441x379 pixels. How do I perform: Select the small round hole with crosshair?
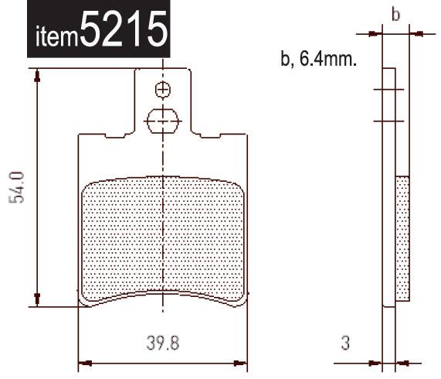pyautogui.click(x=162, y=90)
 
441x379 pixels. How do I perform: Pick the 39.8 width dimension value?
pyautogui.click(x=163, y=343)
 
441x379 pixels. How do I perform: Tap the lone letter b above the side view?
pyautogui.click(x=395, y=15)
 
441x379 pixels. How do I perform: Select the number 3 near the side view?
pyautogui.click(x=347, y=343)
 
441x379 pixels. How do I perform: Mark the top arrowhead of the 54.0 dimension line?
pyautogui.click(x=36, y=74)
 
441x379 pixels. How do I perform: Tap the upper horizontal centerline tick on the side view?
pyautogui.click(x=389, y=90)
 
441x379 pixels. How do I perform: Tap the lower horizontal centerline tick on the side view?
pyautogui.click(x=389, y=120)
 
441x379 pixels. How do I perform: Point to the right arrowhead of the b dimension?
pyautogui.click(x=412, y=33)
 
